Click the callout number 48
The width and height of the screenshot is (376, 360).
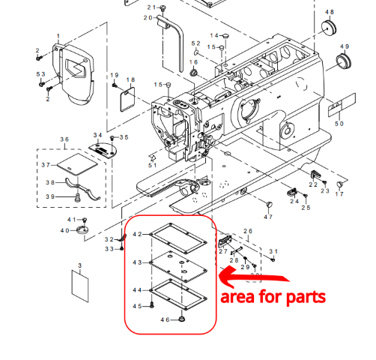point(330,13)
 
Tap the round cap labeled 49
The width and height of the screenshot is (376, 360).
point(344,61)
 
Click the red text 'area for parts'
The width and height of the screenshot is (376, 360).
point(273,295)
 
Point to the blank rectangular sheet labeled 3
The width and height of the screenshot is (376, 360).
point(80,283)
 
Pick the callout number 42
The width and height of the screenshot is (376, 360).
point(137,235)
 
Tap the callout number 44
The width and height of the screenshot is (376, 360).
point(137,289)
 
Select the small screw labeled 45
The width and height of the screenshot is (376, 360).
point(152,306)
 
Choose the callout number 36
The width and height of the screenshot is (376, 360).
point(64,140)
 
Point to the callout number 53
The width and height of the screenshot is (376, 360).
point(41,73)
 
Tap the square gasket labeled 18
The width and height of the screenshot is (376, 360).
point(128,96)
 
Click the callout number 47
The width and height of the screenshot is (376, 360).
point(267,216)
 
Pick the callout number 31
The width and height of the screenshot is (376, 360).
point(273,250)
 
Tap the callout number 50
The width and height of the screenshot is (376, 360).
point(339,123)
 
